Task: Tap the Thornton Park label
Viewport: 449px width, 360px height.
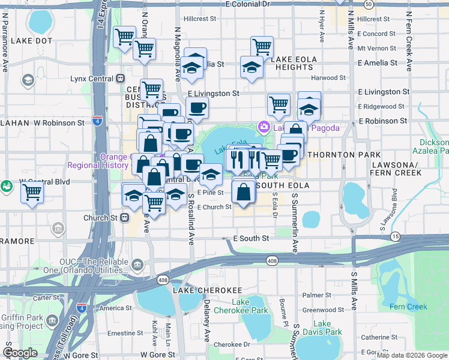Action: (333, 154)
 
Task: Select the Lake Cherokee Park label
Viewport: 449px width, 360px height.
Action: (250, 306)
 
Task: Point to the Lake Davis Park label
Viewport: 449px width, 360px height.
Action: (322, 328)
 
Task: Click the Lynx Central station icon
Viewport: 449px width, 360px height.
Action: (121, 78)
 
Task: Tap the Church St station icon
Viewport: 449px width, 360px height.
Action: (124, 217)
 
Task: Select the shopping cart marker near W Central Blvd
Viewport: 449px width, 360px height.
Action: (32, 193)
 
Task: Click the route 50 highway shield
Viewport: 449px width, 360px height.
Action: (368, 4)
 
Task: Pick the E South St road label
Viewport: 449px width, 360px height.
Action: (251, 238)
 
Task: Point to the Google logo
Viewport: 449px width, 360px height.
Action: (20, 353)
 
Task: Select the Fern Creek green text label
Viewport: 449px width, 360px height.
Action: (408, 307)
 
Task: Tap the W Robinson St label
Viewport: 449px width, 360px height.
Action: (59, 122)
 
